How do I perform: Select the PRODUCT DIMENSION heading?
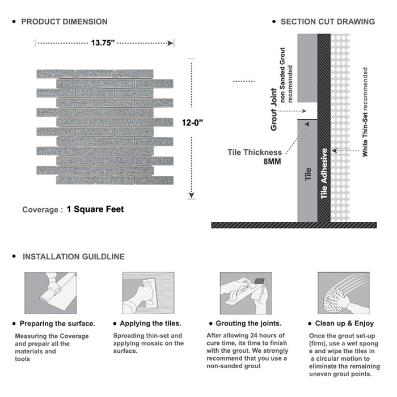pos(64,22)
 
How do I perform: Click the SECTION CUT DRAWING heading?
pos(327,22)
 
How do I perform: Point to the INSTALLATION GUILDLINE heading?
pos(73,256)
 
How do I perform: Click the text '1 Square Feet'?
pos(95,209)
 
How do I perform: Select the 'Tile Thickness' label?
pos(254,152)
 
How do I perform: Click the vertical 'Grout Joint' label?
pos(274,109)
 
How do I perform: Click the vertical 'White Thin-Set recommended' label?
pos(365,112)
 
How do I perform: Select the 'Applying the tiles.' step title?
pos(151,324)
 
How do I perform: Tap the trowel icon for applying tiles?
pos(147,293)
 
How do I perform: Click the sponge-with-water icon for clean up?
pos(343,293)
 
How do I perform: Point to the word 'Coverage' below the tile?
pos(40,210)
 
